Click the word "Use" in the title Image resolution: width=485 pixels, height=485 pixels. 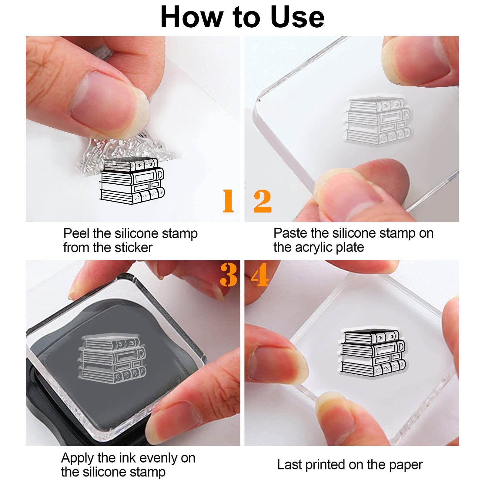click(297, 17)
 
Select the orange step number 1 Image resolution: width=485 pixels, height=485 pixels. click(228, 201)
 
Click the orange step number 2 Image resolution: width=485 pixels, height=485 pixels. click(263, 201)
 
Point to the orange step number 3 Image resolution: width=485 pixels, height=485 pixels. click(229, 275)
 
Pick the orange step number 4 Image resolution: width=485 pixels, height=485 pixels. click(260, 275)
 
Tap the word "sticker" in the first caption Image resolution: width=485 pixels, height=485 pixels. click(133, 248)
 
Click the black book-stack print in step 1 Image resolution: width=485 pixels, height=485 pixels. click(132, 181)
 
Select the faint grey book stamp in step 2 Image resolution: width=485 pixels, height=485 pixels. click(378, 121)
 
